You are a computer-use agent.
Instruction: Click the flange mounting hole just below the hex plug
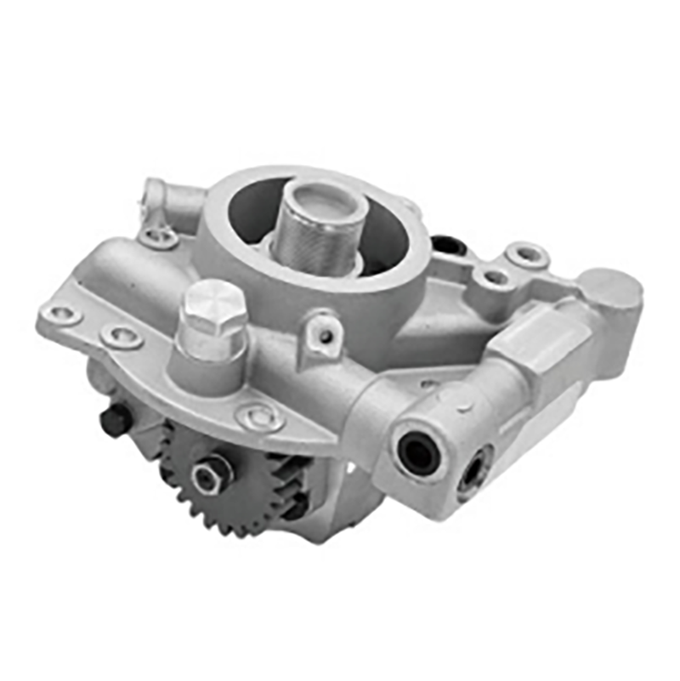tap(256, 417)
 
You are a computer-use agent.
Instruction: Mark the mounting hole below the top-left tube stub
tap(158, 236)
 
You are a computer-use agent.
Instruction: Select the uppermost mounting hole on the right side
tap(524, 253)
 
